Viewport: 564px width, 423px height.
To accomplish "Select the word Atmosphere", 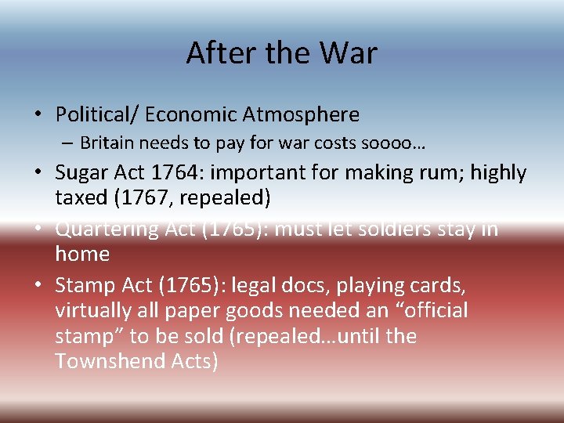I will tap(301, 115).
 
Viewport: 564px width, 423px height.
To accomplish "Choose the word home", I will tap(81, 254).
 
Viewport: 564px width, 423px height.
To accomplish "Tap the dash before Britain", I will tap(69, 144).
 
